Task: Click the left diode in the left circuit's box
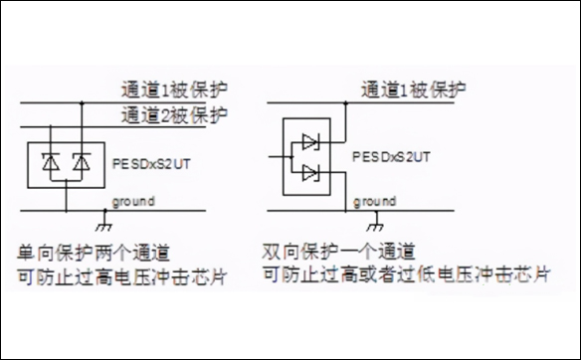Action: pos(51,162)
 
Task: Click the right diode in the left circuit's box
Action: pos(83,162)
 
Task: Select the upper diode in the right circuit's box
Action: pos(309,141)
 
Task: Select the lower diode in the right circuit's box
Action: pos(309,174)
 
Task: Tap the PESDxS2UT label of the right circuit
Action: pos(392,157)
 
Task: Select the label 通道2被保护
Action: pos(174,113)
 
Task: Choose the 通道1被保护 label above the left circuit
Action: pos(174,88)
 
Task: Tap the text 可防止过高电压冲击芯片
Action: pos(120,274)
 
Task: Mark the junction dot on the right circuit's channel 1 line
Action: pos(344,102)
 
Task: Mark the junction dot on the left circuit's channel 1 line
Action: pos(83,102)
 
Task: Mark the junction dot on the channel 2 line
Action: pos(51,126)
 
